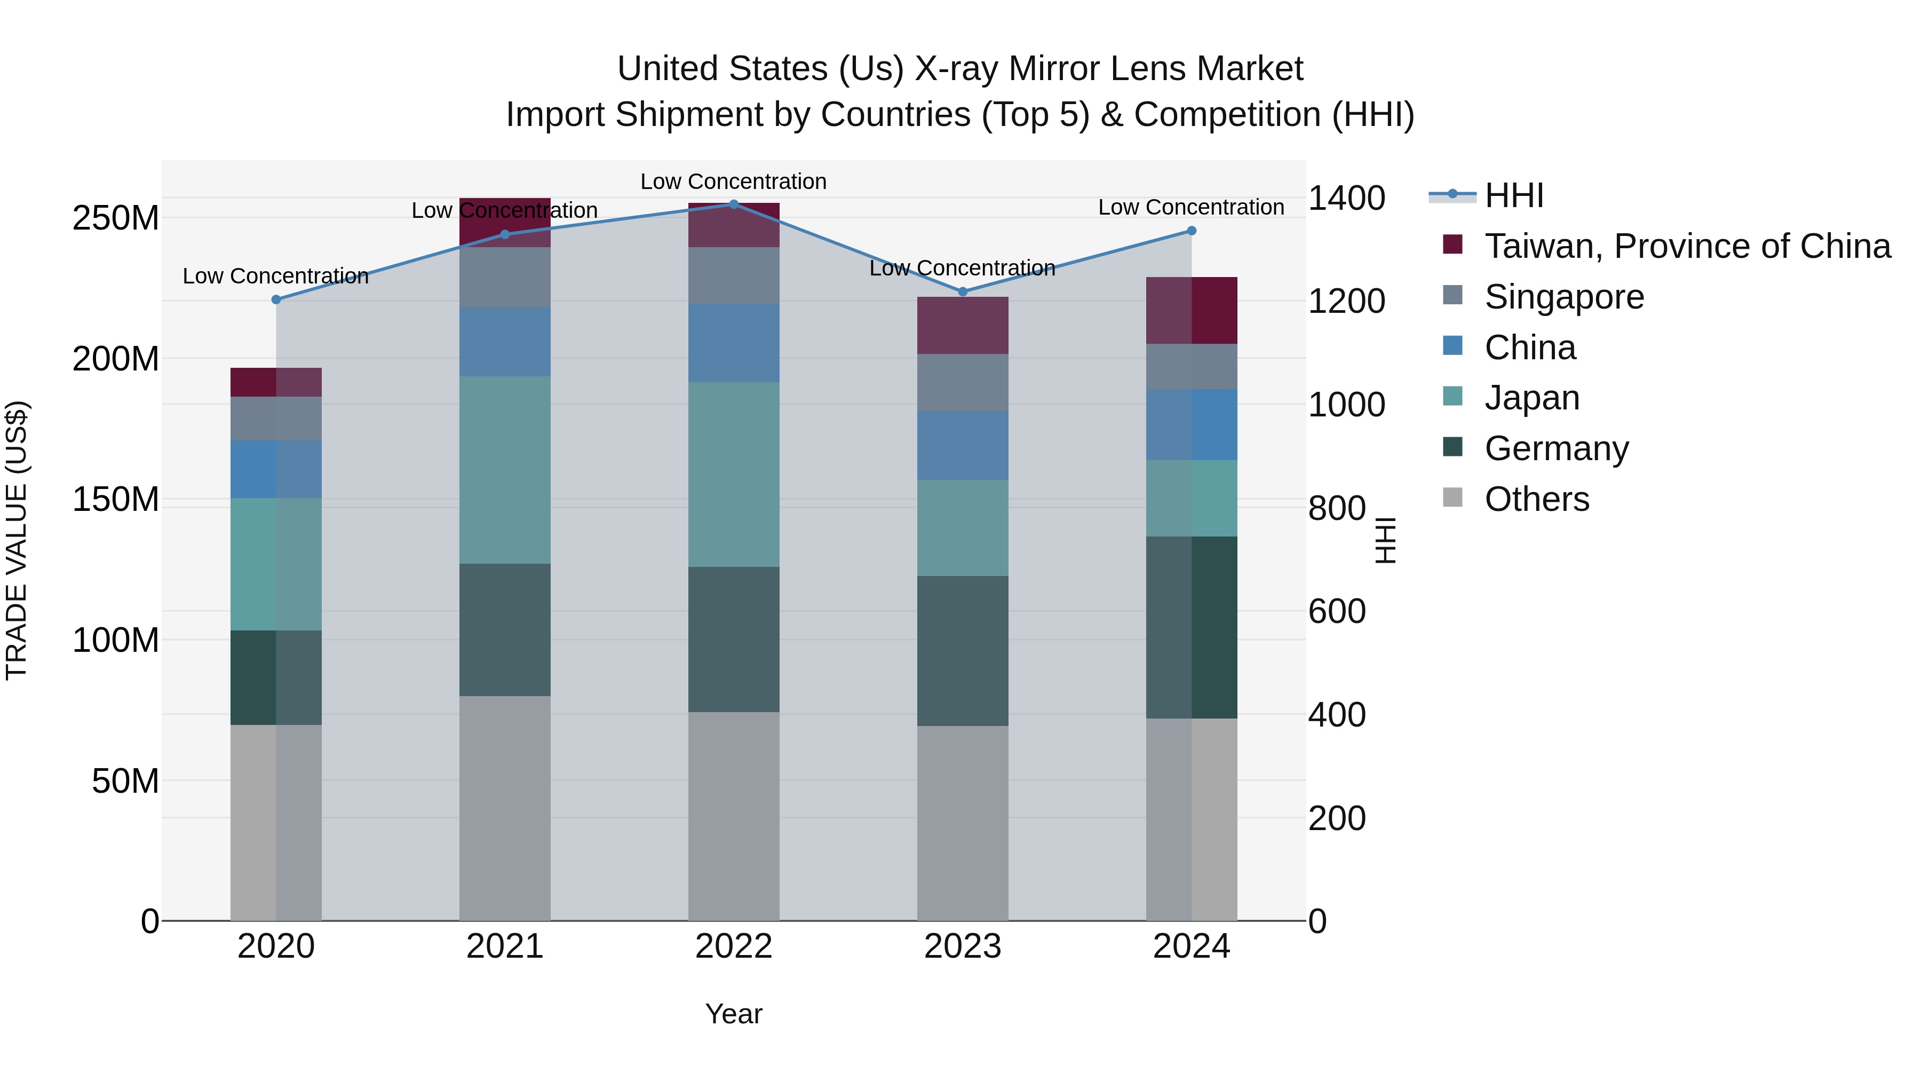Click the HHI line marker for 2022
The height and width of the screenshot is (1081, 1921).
(733, 204)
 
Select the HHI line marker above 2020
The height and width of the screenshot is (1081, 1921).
(276, 299)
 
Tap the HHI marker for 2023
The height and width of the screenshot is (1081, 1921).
(962, 291)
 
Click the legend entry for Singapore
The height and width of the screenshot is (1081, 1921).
(1564, 297)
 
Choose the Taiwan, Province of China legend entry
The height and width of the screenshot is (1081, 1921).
(1687, 246)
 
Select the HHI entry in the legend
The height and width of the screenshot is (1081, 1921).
(1513, 195)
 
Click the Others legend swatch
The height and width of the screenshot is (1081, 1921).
(1452, 498)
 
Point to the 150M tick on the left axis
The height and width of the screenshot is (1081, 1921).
(116, 499)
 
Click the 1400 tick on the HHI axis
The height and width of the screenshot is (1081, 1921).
(1346, 199)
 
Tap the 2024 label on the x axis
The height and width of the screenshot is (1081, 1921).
(1191, 946)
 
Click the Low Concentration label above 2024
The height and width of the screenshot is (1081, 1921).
(1191, 208)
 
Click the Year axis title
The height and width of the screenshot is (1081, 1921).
(733, 1014)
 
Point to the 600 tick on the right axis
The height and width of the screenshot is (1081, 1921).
(1336, 611)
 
